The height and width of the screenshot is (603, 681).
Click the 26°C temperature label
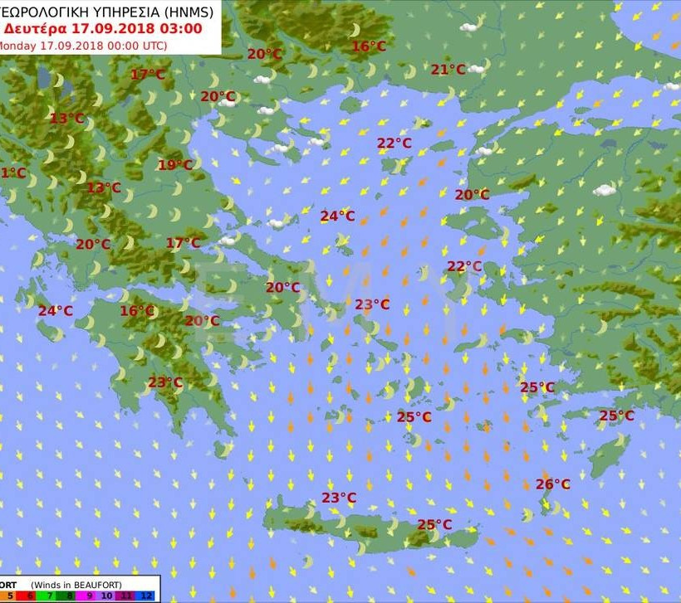(552, 484)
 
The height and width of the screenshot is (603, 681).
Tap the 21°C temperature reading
(448, 70)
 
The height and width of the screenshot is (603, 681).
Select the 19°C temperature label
(174, 165)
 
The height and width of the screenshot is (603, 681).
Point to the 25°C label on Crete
(434, 525)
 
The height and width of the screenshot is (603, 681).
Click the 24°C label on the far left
(55, 311)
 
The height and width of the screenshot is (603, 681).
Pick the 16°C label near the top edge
(368, 46)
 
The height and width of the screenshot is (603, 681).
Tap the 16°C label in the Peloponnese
(137, 311)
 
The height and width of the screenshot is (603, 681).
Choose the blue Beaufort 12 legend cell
(145, 596)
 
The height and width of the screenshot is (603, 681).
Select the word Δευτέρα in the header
(35, 27)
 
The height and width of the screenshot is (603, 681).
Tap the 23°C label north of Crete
(339, 498)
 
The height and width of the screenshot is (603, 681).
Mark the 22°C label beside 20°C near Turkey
(464, 266)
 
